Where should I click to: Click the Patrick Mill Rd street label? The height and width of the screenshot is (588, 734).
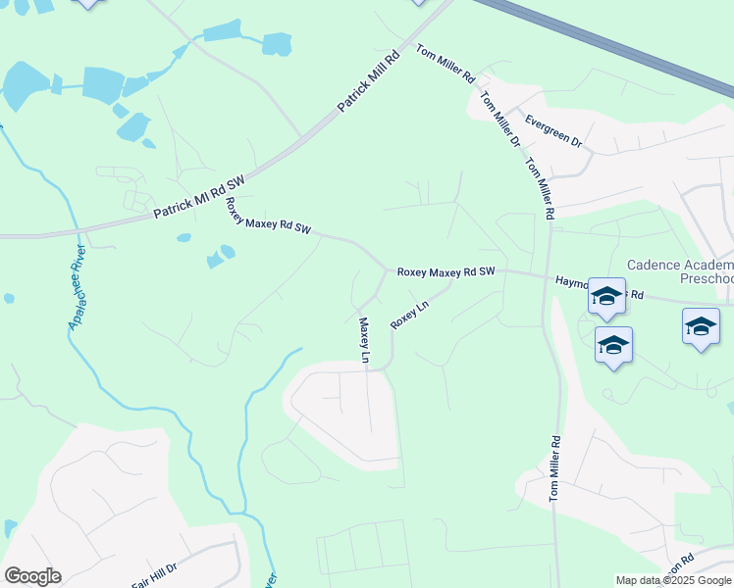(x=371, y=79)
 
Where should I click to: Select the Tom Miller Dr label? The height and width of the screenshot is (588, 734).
(x=500, y=120)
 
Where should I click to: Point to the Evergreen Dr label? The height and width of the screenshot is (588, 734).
(x=553, y=131)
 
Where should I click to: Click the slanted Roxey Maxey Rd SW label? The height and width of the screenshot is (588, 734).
(x=268, y=217)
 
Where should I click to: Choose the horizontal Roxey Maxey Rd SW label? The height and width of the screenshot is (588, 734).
(x=446, y=272)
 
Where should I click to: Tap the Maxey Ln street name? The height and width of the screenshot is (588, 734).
(x=363, y=339)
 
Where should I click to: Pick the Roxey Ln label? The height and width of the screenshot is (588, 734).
(x=409, y=315)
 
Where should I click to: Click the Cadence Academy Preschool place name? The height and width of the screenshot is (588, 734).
(x=679, y=271)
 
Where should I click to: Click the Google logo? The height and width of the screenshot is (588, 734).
(x=32, y=575)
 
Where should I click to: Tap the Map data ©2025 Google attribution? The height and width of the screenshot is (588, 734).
(x=673, y=580)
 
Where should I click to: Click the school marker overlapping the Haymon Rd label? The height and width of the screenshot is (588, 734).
(x=606, y=297)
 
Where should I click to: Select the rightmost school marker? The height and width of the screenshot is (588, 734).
(x=700, y=327)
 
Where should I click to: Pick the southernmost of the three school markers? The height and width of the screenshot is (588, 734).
(x=613, y=346)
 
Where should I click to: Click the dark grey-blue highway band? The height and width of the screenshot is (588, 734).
(x=608, y=44)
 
